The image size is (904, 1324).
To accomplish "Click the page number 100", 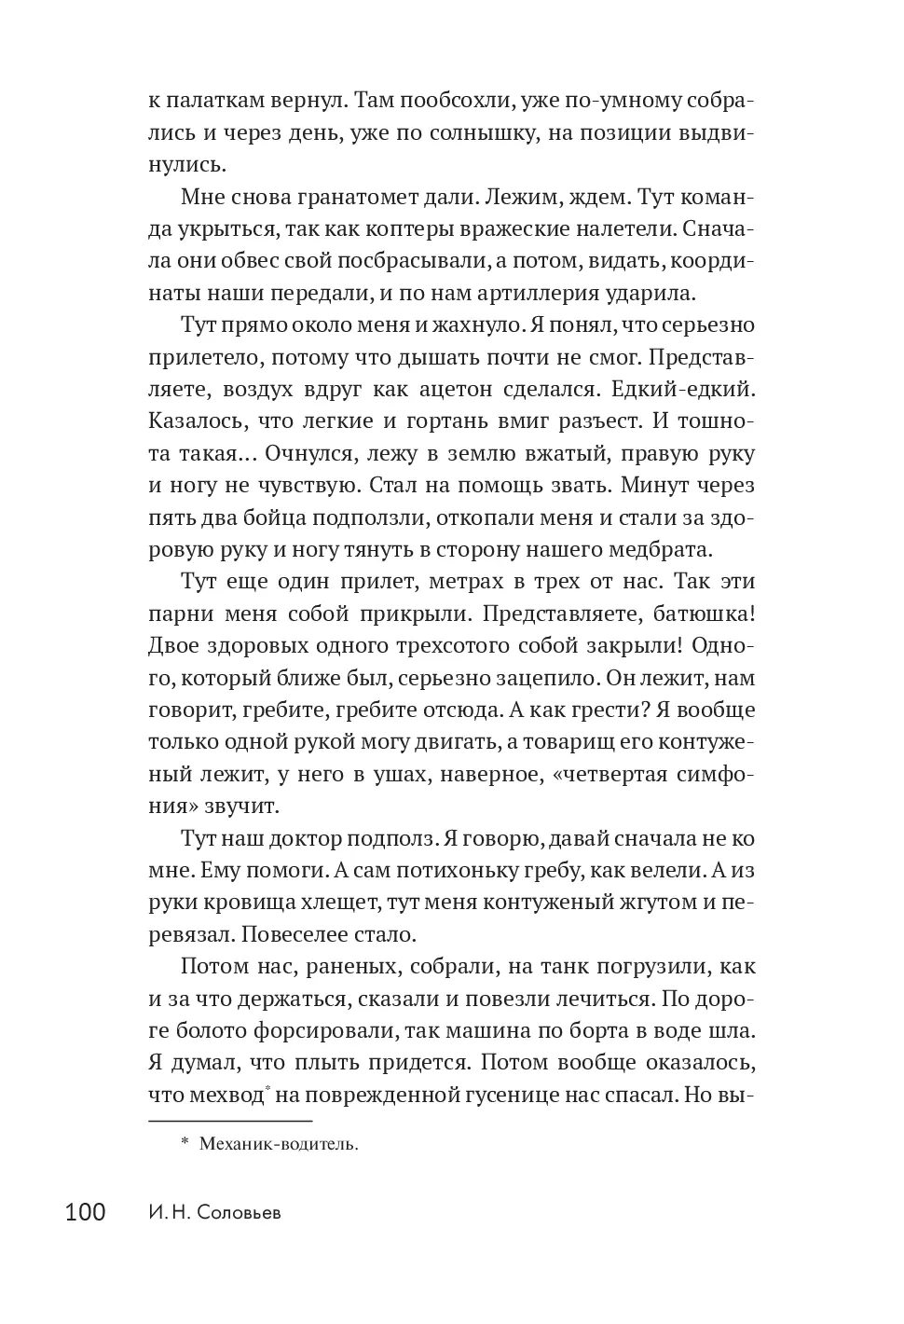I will (86, 1213).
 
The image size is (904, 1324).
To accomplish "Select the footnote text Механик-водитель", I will (278, 1144).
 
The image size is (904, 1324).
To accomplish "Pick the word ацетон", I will (488, 389).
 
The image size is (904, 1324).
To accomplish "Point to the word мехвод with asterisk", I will (224, 1094).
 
